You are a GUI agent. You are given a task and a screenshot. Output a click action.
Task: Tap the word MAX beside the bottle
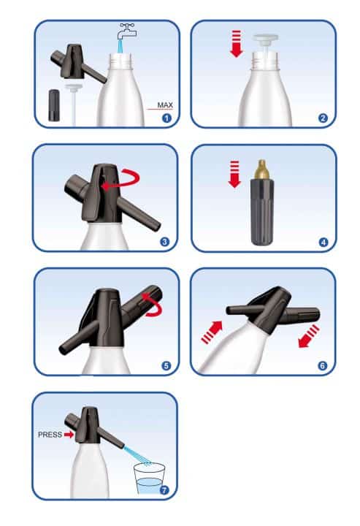(165, 105)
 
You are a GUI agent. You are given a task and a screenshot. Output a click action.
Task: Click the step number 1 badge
(166, 118)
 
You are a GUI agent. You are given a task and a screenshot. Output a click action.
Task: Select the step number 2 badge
(323, 118)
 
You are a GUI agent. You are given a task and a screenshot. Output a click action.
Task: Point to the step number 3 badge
(164, 242)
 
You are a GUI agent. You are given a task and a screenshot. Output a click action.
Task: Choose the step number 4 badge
(323, 243)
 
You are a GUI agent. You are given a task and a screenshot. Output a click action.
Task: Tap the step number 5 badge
(166, 366)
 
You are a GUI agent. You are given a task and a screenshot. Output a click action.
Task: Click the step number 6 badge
(323, 366)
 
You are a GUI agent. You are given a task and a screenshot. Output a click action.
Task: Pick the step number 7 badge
(164, 490)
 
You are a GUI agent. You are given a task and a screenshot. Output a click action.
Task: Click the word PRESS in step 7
(50, 435)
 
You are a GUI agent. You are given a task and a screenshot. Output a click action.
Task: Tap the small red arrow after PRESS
(69, 435)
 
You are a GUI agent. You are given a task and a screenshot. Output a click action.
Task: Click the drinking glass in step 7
(149, 479)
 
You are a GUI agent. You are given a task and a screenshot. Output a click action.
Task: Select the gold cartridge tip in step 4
(262, 169)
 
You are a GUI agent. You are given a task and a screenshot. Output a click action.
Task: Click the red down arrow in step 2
(237, 44)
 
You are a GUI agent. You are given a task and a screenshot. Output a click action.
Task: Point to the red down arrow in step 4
(234, 174)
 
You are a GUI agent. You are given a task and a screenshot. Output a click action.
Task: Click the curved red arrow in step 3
(123, 180)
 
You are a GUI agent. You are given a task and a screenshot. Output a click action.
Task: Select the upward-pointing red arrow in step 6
(212, 332)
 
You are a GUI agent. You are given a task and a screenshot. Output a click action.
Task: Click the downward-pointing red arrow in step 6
(309, 337)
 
